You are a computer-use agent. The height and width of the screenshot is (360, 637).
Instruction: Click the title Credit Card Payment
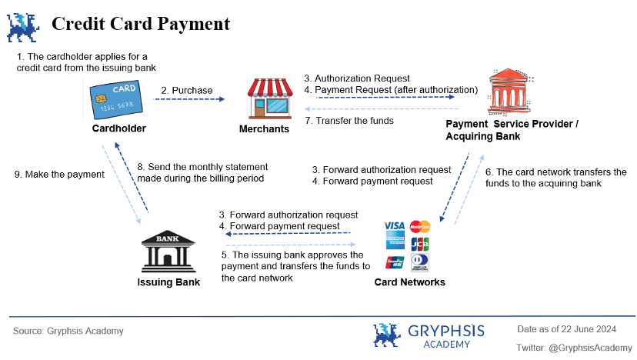point(141,24)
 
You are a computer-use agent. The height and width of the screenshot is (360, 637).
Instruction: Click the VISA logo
point(394,226)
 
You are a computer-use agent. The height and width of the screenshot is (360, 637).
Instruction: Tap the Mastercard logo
point(420,226)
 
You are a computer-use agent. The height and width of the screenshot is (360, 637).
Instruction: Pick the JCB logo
point(420,244)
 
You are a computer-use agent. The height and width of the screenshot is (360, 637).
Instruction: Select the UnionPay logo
point(395,262)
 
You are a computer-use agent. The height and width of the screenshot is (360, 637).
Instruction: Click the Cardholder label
point(118,128)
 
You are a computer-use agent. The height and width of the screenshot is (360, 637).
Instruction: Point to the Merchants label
point(264,128)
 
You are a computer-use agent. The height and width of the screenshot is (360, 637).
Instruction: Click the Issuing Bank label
point(168,282)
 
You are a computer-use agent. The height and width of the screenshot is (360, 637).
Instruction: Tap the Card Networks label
point(410,282)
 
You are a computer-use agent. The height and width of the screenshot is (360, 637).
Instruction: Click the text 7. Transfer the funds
point(349,120)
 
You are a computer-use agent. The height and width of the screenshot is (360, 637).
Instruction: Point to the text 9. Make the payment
point(59,175)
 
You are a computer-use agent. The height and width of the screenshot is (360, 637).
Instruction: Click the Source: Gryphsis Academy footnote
point(68,331)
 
